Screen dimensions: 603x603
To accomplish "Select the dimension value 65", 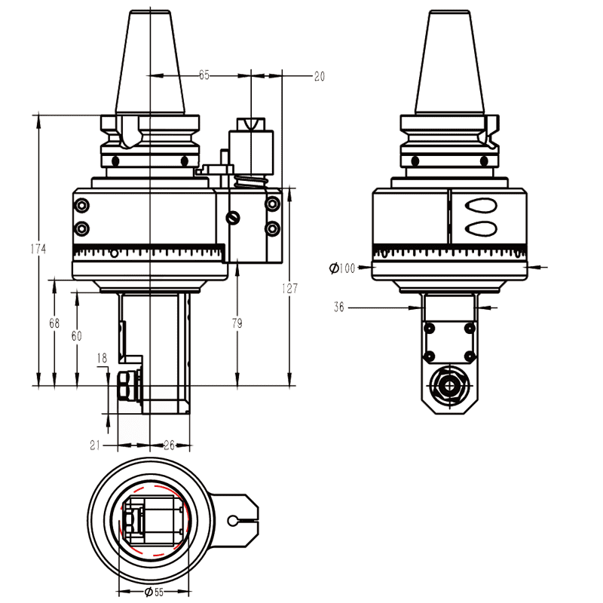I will (204, 75).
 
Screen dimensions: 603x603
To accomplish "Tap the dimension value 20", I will (319, 75).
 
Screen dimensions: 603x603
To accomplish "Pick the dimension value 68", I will (54, 323).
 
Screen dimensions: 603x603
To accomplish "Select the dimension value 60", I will (76, 336).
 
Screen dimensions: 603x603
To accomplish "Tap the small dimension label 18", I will (103, 358).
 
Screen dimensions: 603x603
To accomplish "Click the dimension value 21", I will (96, 445).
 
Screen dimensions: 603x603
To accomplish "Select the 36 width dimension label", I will (339, 307).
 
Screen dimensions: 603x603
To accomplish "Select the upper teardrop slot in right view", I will (480, 205).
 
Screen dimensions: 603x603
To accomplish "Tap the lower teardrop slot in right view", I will (480, 228).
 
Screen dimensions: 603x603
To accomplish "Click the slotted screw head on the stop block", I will (234, 219).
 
